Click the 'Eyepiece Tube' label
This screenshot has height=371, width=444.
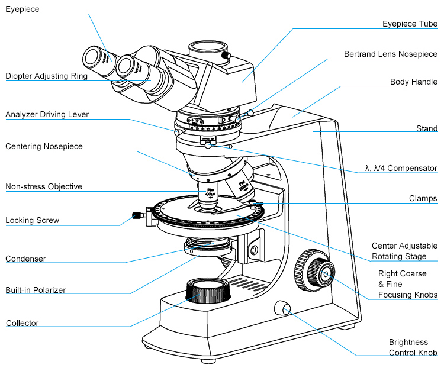[410, 24]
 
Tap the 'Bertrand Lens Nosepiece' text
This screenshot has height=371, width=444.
[391, 54]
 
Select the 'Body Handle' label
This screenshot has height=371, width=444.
[414, 82]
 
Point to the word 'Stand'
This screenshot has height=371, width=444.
[427, 128]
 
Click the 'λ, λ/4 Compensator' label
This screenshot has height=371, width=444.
[401, 169]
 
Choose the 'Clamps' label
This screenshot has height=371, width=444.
[423, 199]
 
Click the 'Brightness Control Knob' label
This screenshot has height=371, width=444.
[413, 348]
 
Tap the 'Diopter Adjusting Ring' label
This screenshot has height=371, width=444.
[46, 76]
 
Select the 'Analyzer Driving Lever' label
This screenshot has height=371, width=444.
[47, 114]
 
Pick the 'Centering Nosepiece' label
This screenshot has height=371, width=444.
[44, 146]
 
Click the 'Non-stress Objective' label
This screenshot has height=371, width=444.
[44, 187]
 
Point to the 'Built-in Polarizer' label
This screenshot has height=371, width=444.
[36, 290]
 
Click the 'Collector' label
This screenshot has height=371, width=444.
[22, 323]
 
